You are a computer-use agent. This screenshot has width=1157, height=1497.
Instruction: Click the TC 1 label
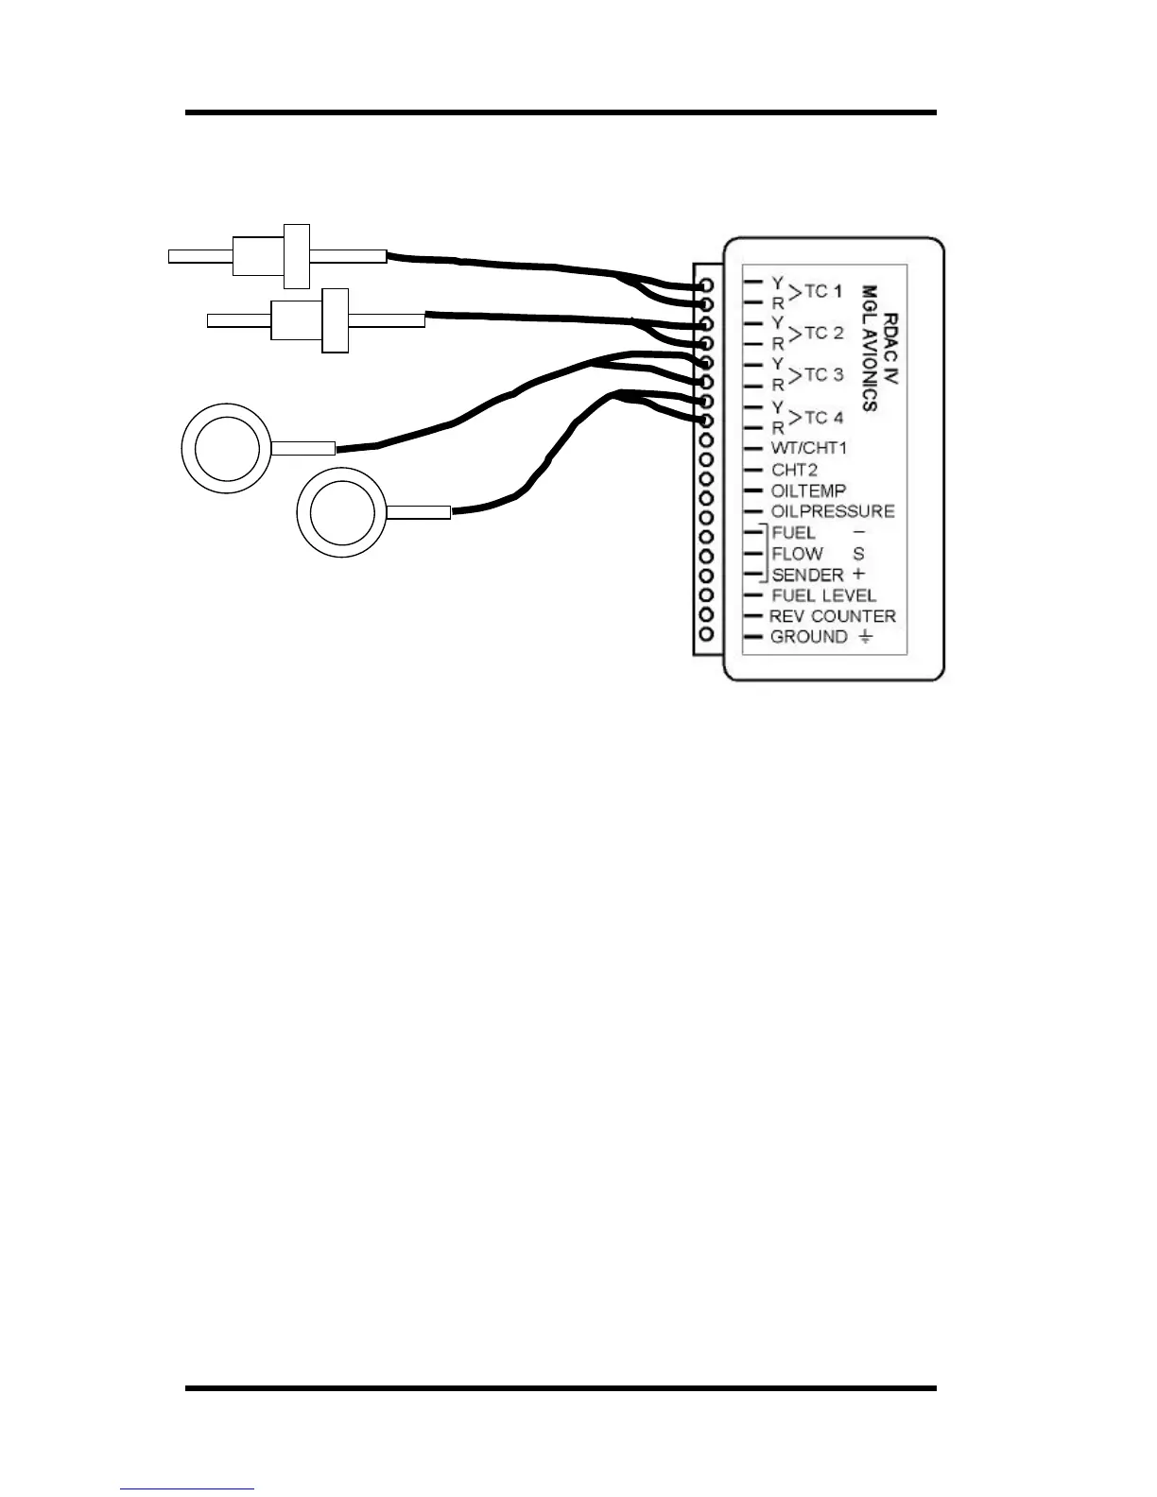822,292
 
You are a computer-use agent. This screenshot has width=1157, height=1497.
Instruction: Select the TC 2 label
823,334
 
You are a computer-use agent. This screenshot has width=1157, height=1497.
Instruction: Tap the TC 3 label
823,375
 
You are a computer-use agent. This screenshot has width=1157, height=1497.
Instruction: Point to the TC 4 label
823,418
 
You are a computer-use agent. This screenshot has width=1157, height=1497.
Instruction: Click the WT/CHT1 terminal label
809,448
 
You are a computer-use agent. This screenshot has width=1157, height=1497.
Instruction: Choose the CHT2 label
794,470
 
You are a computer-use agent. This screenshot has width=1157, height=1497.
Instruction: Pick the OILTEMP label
808,490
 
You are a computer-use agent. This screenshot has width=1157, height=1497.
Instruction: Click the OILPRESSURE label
832,511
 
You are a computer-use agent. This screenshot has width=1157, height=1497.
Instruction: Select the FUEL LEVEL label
823,595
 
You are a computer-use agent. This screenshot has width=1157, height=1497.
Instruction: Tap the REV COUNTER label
832,616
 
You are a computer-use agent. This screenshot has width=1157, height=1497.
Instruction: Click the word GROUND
809,637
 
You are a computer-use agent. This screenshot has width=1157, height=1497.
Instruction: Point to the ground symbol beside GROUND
866,637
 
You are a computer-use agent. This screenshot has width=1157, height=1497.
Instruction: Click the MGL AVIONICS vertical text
870,349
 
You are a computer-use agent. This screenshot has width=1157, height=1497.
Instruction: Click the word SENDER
807,575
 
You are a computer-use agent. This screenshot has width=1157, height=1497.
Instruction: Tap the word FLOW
797,554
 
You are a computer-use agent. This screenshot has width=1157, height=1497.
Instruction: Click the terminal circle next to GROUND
705,635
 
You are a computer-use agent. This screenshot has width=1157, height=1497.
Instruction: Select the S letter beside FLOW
858,554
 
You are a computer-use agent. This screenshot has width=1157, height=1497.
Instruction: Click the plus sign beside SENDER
858,574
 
